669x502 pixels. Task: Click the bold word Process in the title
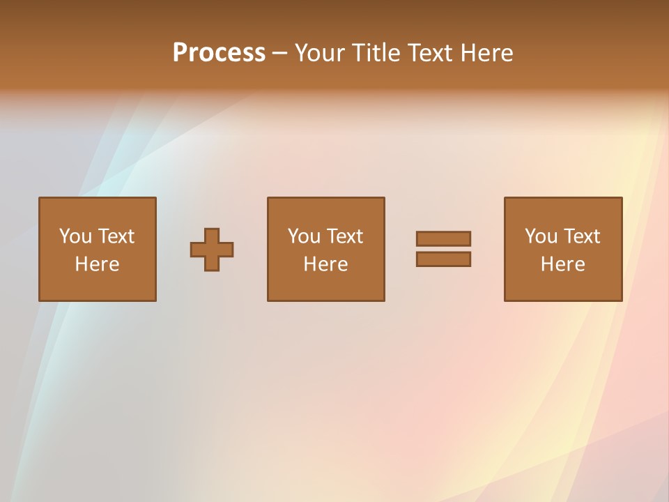[x=219, y=53]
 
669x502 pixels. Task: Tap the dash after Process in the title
[x=279, y=54]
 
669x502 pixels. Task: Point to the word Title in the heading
[x=374, y=53]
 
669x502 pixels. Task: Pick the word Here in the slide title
[x=486, y=53]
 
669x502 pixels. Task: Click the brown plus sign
[x=212, y=250]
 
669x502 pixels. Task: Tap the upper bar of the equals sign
[x=443, y=238]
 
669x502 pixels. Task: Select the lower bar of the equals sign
[x=443, y=259]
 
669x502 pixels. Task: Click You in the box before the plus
[x=75, y=236]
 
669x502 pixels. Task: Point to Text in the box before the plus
[x=116, y=236]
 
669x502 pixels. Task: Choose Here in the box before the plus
[x=97, y=264]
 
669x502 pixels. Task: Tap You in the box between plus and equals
[x=304, y=236]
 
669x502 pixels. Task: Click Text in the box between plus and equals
[x=344, y=236]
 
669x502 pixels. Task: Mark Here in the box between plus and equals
[x=325, y=264]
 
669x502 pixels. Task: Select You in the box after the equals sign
[x=541, y=236]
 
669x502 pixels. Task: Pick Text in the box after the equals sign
[x=581, y=236]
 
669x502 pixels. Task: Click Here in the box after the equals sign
[x=562, y=264]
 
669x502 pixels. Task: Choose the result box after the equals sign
[x=563, y=286]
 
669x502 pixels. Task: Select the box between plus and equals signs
[x=325, y=286]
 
